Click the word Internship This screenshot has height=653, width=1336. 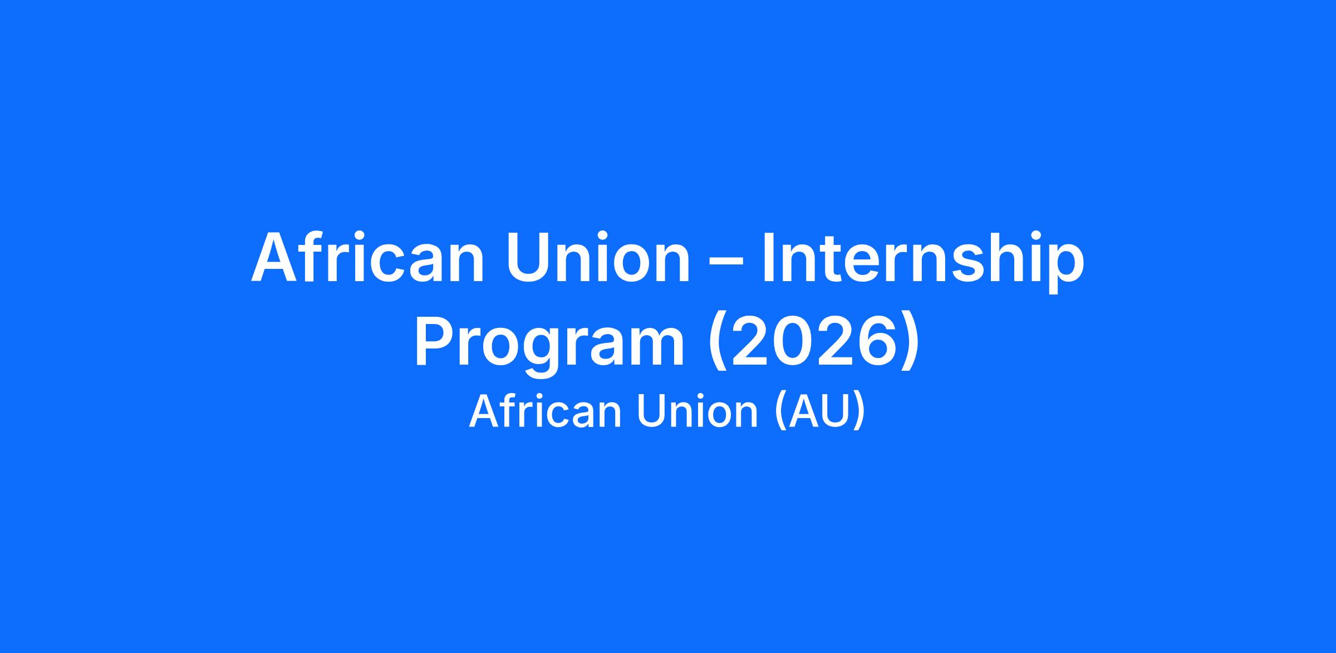click(x=923, y=261)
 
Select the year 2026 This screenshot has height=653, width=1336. click(x=813, y=341)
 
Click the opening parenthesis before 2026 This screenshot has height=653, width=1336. click(x=717, y=345)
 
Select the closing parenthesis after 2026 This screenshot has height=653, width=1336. click(x=910, y=345)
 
